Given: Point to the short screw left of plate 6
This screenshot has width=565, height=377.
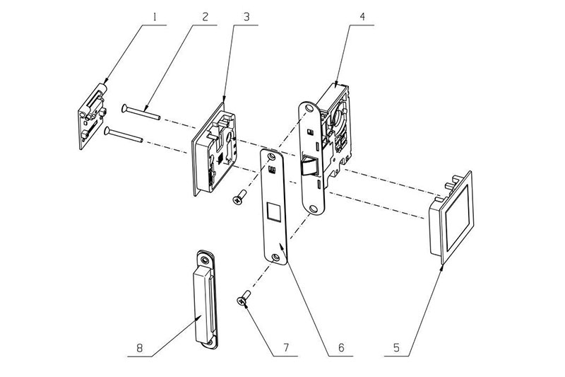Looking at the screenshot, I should (239, 195).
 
